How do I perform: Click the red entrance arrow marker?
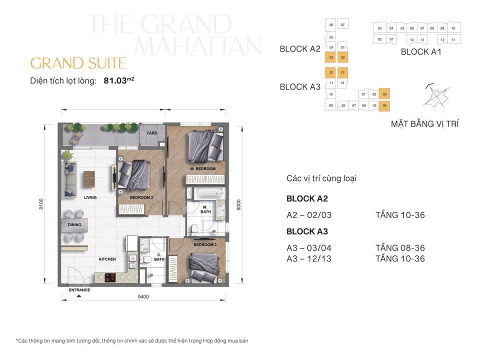pyautogui.click(x=78, y=296)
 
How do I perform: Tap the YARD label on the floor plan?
pyautogui.click(x=151, y=133)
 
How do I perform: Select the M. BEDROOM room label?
pyautogui.click(x=202, y=169)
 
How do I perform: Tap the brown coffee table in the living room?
pyautogui.click(x=89, y=178)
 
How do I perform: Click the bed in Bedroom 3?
pyautogui.click(x=202, y=264)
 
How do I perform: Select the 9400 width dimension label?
pyautogui.click(x=143, y=296)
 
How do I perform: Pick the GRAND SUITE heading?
pyautogui.click(x=78, y=63)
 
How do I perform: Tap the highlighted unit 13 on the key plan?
pyautogui.click(x=342, y=73)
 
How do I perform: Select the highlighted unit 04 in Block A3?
pyautogui.click(x=384, y=105)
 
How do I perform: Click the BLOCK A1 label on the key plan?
pyautogui.click(x=421, y=51)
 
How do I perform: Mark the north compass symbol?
pyautogui.click(x=435, y=95)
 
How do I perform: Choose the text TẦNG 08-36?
pyautogui.click(x=399, y=248)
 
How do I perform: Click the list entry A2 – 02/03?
pyautogui.click(x=309, y=215)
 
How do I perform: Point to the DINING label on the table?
pyautogui.click(x=74, y=225)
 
